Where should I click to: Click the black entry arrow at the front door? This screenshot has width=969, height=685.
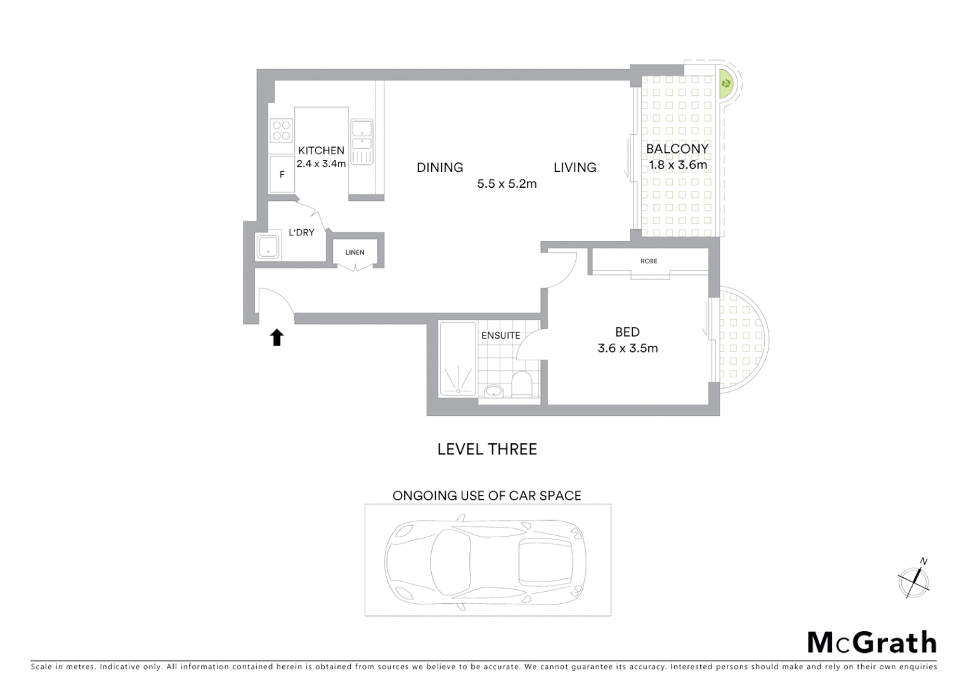pos(276,337)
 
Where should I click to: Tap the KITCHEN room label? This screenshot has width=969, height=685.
pos(321,150)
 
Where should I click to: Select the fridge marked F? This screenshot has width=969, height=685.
pos(282,174)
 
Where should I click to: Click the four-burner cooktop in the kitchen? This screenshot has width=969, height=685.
pos(282,131)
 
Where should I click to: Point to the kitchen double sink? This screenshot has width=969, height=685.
pos(361,135)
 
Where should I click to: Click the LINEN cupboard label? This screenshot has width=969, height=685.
pos(354,252)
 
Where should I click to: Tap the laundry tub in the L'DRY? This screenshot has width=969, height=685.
pos(268,246)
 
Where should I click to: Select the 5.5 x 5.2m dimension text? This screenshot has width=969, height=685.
pos(507,184)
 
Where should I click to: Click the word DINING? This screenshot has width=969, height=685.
pos(439,167)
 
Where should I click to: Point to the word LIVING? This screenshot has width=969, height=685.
pos(575,167)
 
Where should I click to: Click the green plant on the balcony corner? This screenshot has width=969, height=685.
pos(725,82)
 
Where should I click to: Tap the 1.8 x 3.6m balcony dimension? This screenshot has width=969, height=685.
pos(677,165)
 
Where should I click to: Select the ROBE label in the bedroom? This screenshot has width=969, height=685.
pos(649,261)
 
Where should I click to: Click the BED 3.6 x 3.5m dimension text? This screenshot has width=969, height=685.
pos(627,348)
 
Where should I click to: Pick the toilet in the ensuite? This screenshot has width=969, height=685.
pos(522,384)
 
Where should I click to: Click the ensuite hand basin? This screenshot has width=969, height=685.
pos(493,390)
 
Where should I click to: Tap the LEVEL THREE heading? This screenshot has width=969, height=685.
pos(487,449)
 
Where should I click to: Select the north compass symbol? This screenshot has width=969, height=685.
pos(914,580)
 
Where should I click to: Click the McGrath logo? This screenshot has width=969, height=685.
pos(871,643)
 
